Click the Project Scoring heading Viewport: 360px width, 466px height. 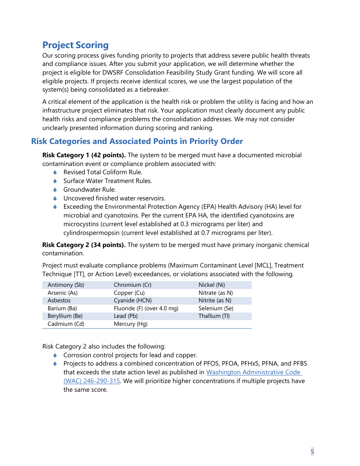(x=75, y=45)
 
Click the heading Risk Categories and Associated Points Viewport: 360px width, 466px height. (x=137, y=141)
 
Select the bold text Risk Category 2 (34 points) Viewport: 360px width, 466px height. (x=84, y=245)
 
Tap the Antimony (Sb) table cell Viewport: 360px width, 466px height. (x=66, y=285)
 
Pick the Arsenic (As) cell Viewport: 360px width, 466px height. (x=63, y=293)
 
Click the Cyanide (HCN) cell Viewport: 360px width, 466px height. (x=133, y=300)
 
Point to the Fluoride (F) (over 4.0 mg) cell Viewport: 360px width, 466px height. (x=146, y=308)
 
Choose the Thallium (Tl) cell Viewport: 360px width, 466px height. (x=214, y=316)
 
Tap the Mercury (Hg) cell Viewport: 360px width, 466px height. (x=130, y=324)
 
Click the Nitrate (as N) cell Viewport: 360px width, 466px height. (x=216, y=293)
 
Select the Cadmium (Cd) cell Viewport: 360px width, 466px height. (x=66, y=324)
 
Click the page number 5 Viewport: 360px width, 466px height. (x=312, y=451)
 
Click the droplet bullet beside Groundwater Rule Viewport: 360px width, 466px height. (x=55, y=189)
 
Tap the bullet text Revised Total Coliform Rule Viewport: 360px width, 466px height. (x=103, y=172)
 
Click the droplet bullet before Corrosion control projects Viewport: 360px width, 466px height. (x=55, y=355)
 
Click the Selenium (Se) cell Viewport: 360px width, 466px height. (x=216, y=308)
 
